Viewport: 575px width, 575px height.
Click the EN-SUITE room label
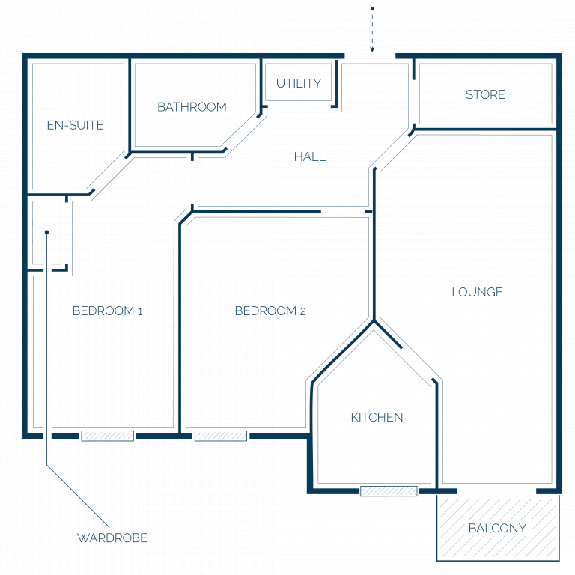pyautogui.click(x=75, y=125)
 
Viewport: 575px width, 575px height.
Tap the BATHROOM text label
pyautogui.click(x=192, y=107)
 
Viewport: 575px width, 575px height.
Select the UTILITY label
pyautogui.click(x=299, y=83)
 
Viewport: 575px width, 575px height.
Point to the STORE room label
pyautogui.click(x=485, y=94)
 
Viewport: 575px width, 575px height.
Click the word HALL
pyautogui.click(x=310, y=157)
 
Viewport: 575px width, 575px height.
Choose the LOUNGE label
pyautogui.click(x=477, y=292)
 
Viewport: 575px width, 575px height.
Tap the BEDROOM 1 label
pyautogui.click(x=108, y=311)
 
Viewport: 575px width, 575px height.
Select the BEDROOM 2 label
pyautogui.click(x=270, y=311)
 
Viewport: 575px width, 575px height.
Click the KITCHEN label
pyautogui.click(x=377, y=417)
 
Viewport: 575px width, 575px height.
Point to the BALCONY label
pyautogui.click(x=497, y=528)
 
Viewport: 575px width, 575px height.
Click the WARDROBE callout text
pyautogui.click(x=112, y=538)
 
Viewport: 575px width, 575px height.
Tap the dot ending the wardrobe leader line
pyautogui.click(x=46, y=232)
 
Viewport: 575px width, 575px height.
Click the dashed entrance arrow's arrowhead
pyautogui.click(x=372, y=49)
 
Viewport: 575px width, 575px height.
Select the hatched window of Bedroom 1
pyautogui.click(x=108, y=436)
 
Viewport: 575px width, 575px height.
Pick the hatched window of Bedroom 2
pyautogui.click(x=221, y=436)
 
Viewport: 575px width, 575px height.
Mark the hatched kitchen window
pyautogui.click(x=389, y=491)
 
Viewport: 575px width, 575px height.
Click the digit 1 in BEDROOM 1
pyautogui.click(x=140, y=311)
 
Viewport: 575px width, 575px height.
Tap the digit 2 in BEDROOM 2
pyautogui.click(x=302, y=311)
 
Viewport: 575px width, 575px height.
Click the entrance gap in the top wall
pyautogui.click(x=370, y=56)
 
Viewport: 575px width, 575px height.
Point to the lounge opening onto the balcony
pyautogui.click(x=497, y=491)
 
